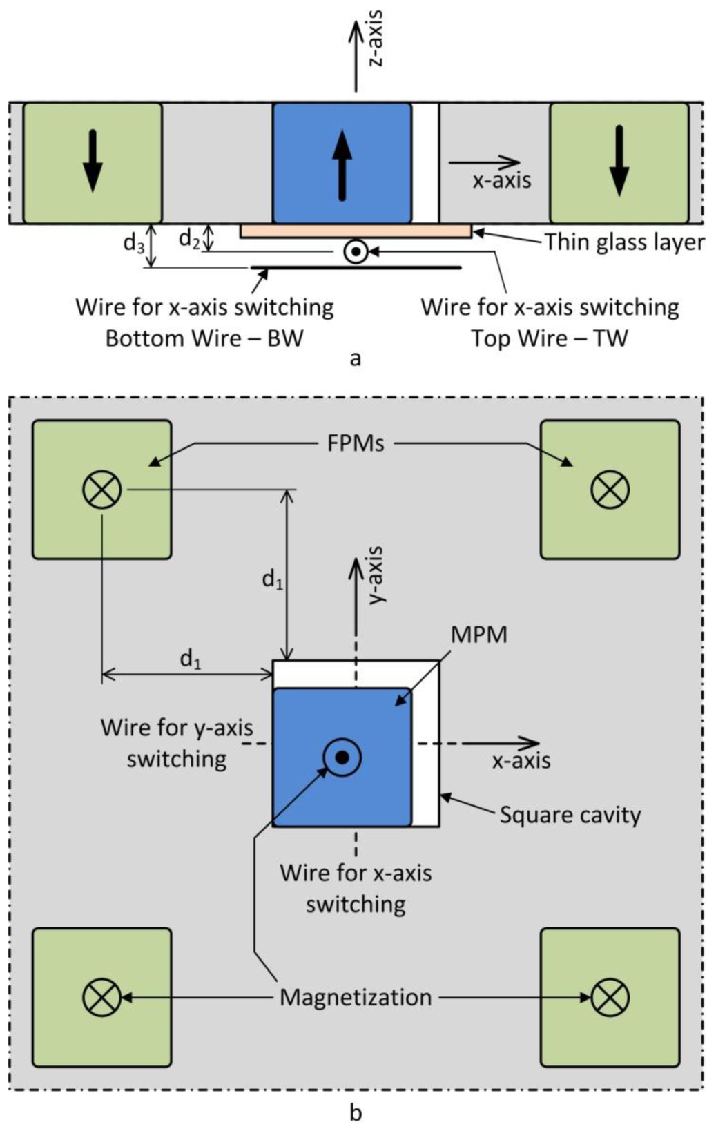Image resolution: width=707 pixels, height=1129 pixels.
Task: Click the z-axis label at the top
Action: (x=376, y=38)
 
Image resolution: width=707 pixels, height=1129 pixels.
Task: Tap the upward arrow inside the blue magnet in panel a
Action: (x=342, y=166)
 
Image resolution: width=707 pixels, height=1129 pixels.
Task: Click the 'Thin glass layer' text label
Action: (x=624, y=242)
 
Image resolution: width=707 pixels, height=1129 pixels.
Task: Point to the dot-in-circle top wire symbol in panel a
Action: (x=355, y=252)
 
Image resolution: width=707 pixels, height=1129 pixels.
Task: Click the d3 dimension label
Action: (x=133, y=242)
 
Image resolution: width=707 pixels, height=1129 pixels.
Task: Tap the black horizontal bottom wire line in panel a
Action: (x=356, y=267)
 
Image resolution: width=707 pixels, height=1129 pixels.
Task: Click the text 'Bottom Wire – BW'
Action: (x=204, y=339)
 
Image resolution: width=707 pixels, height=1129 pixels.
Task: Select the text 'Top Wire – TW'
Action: (x=550, y=339)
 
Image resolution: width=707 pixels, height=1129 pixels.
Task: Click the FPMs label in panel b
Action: (x=356, y=443)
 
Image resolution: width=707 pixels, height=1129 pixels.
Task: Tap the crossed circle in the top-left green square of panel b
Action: (x=102, y=490)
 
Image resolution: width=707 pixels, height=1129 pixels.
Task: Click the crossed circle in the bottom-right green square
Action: (x=610, y=997)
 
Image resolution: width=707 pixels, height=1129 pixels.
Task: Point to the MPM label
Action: (x=478, y=635)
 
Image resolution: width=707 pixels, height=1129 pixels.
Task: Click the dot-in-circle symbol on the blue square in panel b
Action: (x=341, y=758)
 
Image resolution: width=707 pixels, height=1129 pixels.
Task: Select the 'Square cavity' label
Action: (x=570, y=815)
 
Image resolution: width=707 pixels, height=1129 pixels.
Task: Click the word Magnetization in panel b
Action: (x=356, y=997)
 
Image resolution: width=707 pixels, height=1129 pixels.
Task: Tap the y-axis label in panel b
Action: (x=375, y=575)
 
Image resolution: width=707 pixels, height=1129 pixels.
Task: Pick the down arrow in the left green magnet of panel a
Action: (x=92, y=160)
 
